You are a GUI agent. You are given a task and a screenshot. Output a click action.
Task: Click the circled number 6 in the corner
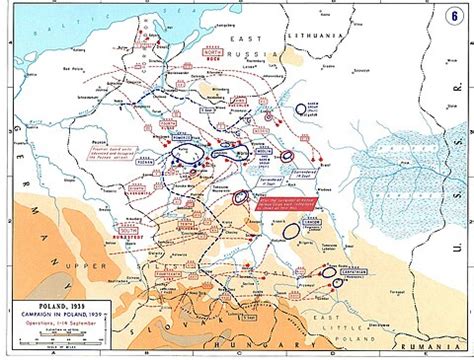tap(455, 14)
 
